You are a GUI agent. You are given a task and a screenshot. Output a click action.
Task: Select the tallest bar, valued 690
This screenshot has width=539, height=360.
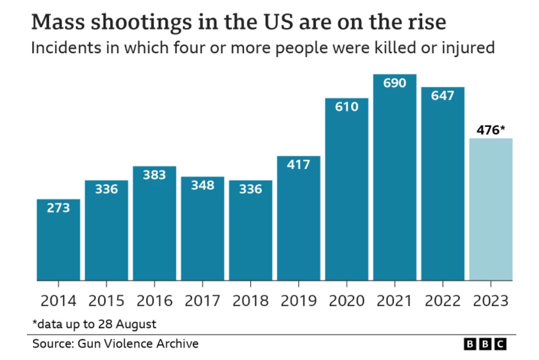[395, 178]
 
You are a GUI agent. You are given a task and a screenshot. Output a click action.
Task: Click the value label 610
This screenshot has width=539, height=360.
[346, 107]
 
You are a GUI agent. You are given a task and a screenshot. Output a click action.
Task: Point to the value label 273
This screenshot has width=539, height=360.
[58, 208]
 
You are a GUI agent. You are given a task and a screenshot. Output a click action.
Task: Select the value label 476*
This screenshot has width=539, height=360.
[491, 129]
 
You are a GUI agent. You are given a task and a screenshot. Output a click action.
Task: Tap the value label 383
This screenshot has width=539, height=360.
[154, 174]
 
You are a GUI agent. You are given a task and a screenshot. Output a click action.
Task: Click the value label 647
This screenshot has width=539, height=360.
[442, 96]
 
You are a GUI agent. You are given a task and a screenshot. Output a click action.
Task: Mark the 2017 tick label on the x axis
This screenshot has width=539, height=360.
[203, 301]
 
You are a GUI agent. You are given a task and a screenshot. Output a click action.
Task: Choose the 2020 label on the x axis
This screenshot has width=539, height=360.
[346, 301]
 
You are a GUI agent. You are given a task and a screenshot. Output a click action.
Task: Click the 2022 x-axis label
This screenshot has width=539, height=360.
[442, 301]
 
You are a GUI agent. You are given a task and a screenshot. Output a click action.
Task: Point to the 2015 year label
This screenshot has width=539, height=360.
[106, 301]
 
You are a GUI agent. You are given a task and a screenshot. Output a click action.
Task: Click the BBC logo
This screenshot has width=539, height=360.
[485, 344]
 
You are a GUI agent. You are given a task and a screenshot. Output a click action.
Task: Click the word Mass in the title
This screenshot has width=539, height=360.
[56, 23]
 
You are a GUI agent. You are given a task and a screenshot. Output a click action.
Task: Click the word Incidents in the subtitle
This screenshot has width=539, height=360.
[62, 48]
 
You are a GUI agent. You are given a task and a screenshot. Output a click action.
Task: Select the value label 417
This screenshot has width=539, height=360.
[299, 164]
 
